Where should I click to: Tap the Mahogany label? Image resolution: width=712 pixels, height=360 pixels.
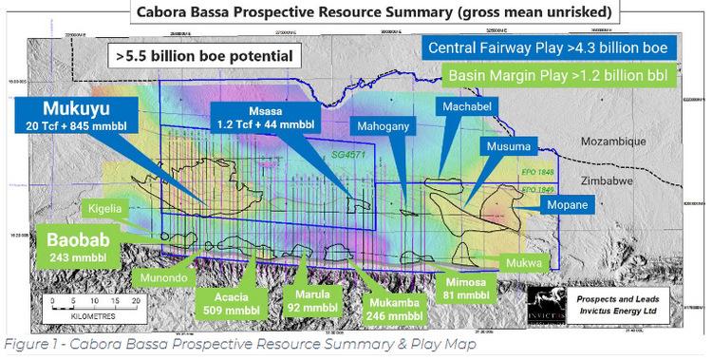point(383,124)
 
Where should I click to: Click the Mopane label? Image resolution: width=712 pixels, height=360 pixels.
point(567,204)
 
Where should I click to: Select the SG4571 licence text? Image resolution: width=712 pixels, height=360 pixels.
point(346,152)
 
